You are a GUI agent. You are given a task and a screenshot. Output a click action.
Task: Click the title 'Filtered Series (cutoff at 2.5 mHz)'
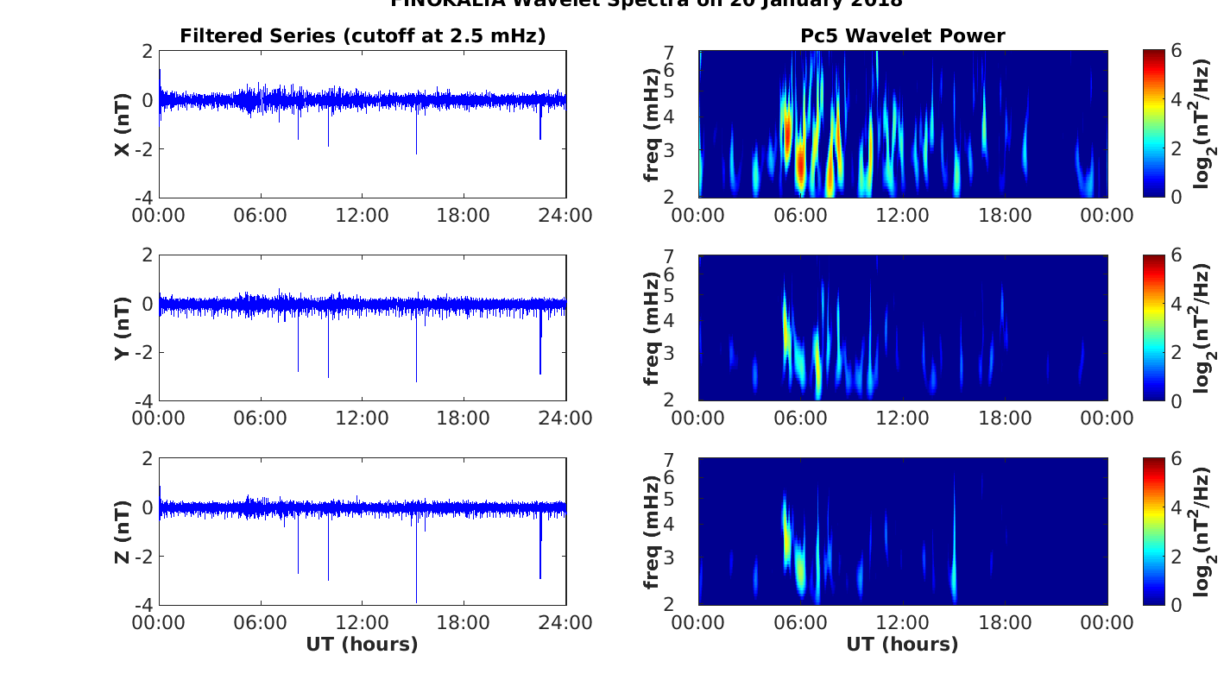[363, 35]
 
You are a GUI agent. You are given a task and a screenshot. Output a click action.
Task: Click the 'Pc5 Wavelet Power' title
[902, 35]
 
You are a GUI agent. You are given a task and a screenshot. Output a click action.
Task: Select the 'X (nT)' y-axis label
[123, 125]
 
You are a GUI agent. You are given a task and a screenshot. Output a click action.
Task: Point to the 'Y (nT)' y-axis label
[123, 328]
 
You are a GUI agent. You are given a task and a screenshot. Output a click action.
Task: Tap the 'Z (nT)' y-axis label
[123, 532]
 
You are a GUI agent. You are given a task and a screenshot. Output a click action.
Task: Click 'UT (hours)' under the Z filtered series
[362, 644]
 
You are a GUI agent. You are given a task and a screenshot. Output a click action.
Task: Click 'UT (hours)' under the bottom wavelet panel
[902, 644]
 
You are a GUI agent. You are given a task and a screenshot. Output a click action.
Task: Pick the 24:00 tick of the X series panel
[565, 215]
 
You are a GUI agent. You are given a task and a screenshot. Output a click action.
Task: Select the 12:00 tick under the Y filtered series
[362, 419]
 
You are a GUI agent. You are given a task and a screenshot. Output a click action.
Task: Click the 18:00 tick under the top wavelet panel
[1006, 215]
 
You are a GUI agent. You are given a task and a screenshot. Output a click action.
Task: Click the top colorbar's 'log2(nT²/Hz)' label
[1205, 125]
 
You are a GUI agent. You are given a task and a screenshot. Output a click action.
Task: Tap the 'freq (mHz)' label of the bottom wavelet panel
[653, 532]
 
